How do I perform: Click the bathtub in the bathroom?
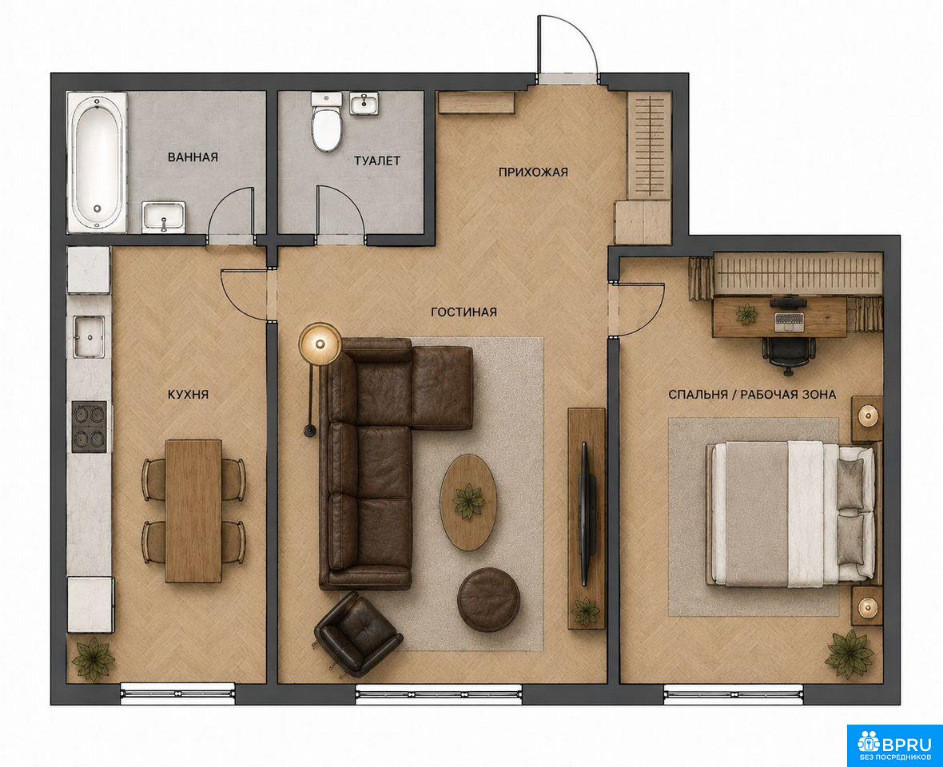pyautogui.click(x=97, y=161)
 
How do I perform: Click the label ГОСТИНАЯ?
pyautogui.click(x=464, y=312)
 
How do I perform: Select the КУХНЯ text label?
pyautogui.click(x=188, y=395)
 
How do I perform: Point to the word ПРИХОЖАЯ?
pyautogui.click(x=533, y=173)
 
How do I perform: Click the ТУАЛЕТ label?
pyautogui.click(x=377, y=161)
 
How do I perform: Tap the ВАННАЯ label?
pyautogui.click(x=193, y=157)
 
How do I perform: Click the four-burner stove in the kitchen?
pyautogui.click(x=89, y=427)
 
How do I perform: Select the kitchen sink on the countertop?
pyautogui.click(x=89, y=336)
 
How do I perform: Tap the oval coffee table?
pyautogui.click(x=469, y=502)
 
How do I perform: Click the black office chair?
pyautogui.click(x=789, y=351)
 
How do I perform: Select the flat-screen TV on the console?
pyautogui.click(x=587, y=514)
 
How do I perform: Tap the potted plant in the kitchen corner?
pyautogui.click(x=94, y=659)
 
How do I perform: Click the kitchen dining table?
pyautogui.click(x=193, y=511)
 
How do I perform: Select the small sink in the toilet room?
pyautogui.click(x=364, y=103)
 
